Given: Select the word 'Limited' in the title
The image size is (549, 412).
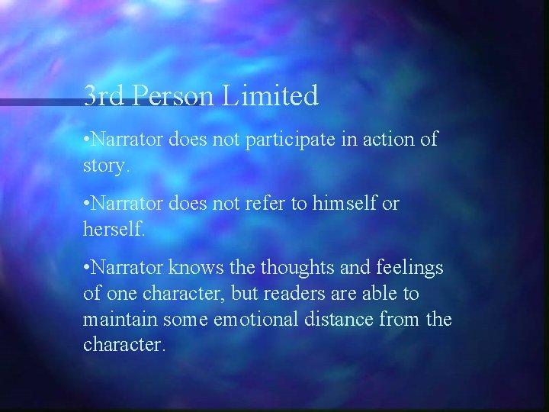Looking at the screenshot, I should coord(271,96).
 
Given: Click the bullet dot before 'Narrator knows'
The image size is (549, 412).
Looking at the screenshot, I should coord(86,267).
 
